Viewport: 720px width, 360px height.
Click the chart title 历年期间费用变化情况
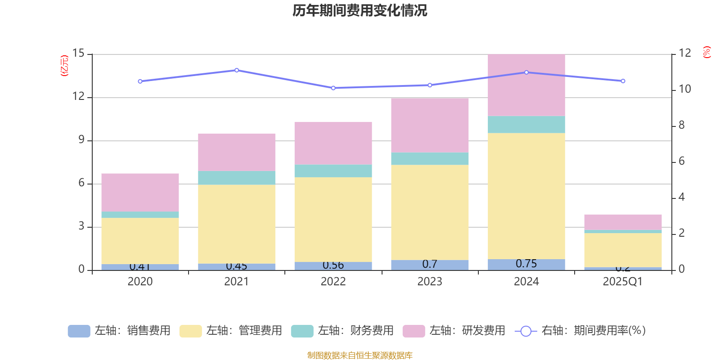pyautogui.click(x=360, y=10)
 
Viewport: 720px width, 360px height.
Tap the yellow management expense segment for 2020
pyautogui.click(x=140, y=241)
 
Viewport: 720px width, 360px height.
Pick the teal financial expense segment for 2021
pyautogui.click(x=237, y=178)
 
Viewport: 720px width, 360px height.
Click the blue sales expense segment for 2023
pyautogui.click(x=430, y=265)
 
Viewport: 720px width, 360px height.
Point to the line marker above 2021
pyautogui.click(x=237, y=70)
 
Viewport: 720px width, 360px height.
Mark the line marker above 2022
pyautogui.click(x=333, y=88)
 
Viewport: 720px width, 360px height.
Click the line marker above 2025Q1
pyautogui.click(x=623, y=81)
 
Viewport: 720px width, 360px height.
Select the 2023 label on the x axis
pyautogui.click(x=430, y=282)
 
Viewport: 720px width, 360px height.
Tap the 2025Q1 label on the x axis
pyautogui.click(x=622, y=282)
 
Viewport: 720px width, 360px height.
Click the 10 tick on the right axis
pyautogui.click(x=684, y=89)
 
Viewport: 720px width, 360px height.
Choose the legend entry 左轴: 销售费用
pyautogui.click(x=120, y=331)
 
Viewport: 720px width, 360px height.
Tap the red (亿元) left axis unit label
pyautogui.click(x=64, y=66)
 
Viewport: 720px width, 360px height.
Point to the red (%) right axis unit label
pyautogui.click(x=706, y=52)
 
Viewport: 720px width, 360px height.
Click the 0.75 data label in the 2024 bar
pyautogui.click(x=526, y=264)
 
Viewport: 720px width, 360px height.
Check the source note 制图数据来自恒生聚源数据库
pyautogui.click(x=360, y=355)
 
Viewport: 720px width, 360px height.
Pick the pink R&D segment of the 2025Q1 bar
pyautogui.click(x=623, y=222)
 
